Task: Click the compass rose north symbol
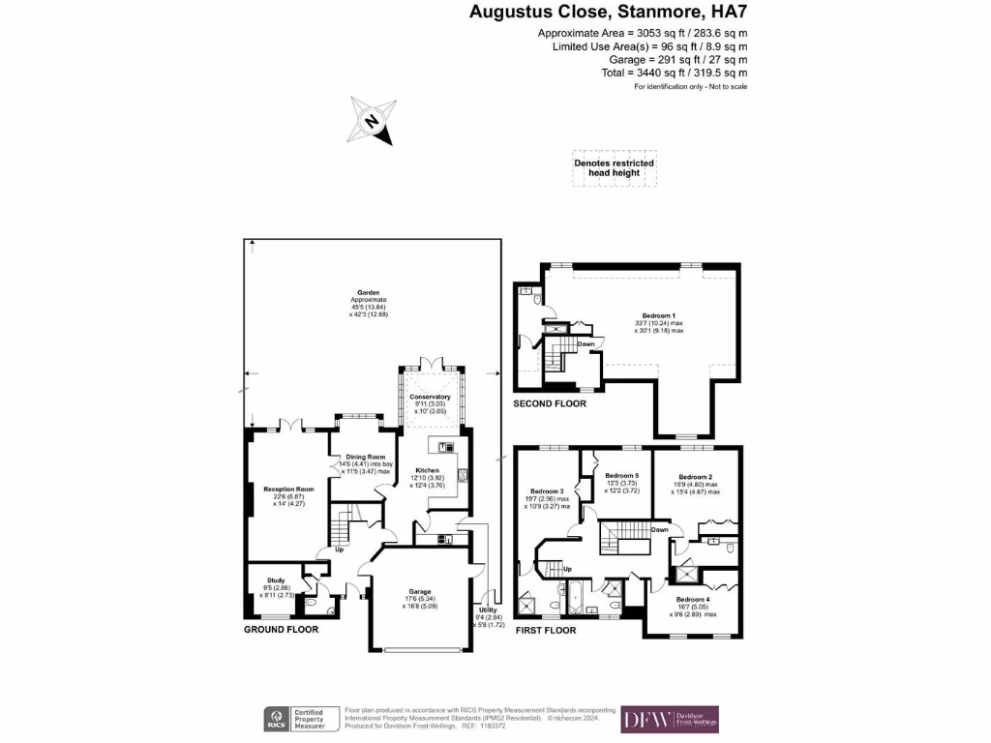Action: (x=373, y=121)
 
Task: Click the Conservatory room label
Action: (x=430, y=397)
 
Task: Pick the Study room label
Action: (x=276, y=580)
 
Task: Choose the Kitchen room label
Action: (x=428, y=469)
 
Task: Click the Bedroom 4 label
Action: (x=692, y=600)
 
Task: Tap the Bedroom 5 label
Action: (x=622, y=476)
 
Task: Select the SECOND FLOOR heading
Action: (x=550, y=403)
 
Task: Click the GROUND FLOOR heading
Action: (x=281, y=629)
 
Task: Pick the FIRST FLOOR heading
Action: (x=545, y=630)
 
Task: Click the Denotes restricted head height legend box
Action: (x=614, y=167)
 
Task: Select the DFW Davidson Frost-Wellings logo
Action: (x=670, y=719)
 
